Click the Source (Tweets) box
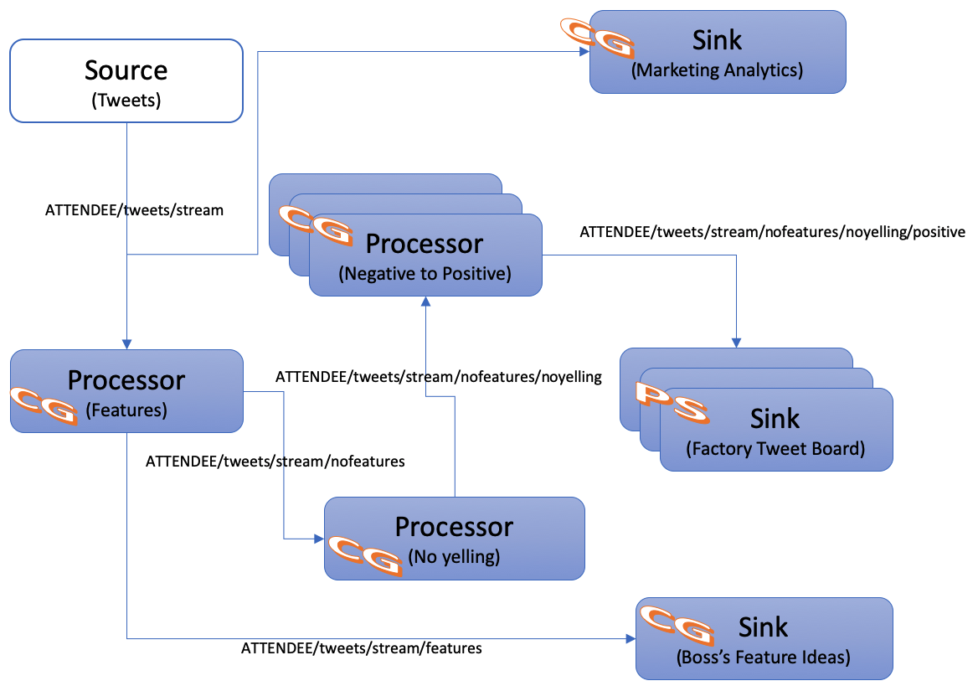pos(126,81)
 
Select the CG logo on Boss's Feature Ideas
pos(676,624)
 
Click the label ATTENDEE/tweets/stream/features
pos(361,647)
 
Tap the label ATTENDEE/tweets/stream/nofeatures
pos(275,461)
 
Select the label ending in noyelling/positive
pos(772,231)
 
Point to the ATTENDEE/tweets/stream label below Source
pos(134,210)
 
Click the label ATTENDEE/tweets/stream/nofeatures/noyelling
pos(438,377)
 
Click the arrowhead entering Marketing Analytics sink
pos(584,52)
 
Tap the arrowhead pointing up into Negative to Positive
pos(425,302)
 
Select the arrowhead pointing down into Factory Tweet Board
pos(736,343)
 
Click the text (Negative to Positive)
pos(425,273)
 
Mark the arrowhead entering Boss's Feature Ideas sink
pos(630,638)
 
